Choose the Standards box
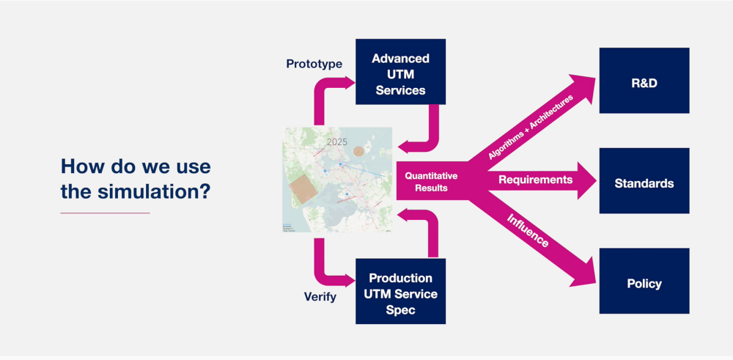click(x=644, y=182)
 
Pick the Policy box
click(x=644, y=283)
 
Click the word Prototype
click(x=314, y=64)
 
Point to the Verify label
click(x=320, y=297)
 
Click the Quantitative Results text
click(x=431, y=182)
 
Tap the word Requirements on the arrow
click(x=535, y=180)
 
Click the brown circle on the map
click(x=358, y=151)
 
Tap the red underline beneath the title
click(x=105, y=213)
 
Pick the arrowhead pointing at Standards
click(x=586, y=180)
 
